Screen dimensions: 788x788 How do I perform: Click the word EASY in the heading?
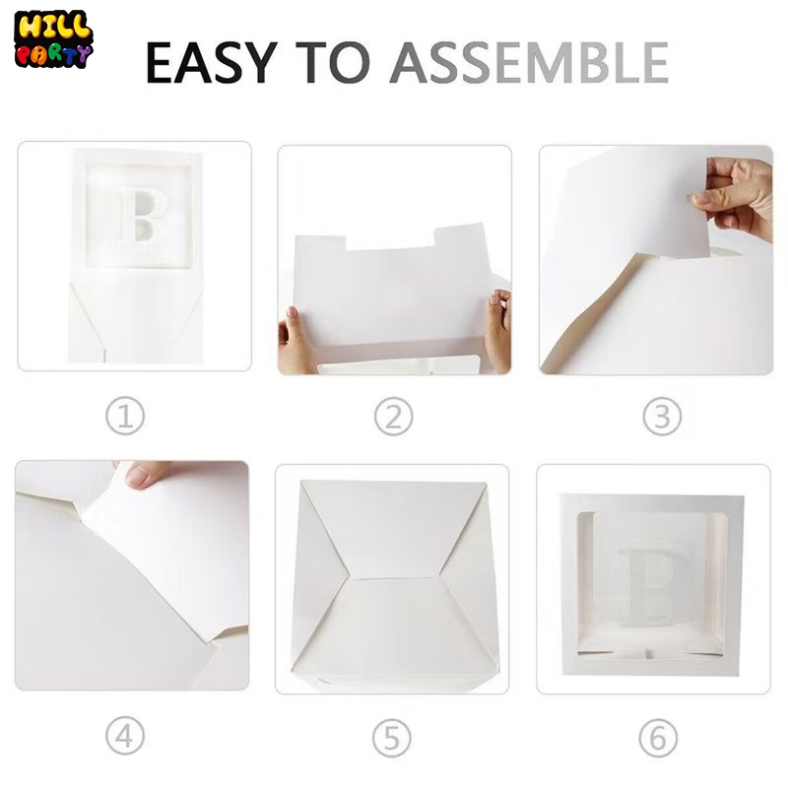(212, 62)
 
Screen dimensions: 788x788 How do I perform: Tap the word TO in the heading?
(333, 62)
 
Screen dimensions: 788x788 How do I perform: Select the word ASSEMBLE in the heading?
(529, 62)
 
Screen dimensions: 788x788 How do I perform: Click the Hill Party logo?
(53, 39)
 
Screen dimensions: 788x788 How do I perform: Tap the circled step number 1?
(125, 417)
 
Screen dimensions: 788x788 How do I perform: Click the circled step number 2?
(393, 417)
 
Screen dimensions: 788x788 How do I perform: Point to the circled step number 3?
(662, 417)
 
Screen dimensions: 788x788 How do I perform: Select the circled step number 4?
(125, 735)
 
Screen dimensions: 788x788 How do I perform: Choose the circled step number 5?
(392, 738)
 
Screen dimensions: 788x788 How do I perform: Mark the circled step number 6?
(658, 738)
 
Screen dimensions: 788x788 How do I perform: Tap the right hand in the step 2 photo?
(498, 330)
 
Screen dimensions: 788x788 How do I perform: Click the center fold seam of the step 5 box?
(395, 578)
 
